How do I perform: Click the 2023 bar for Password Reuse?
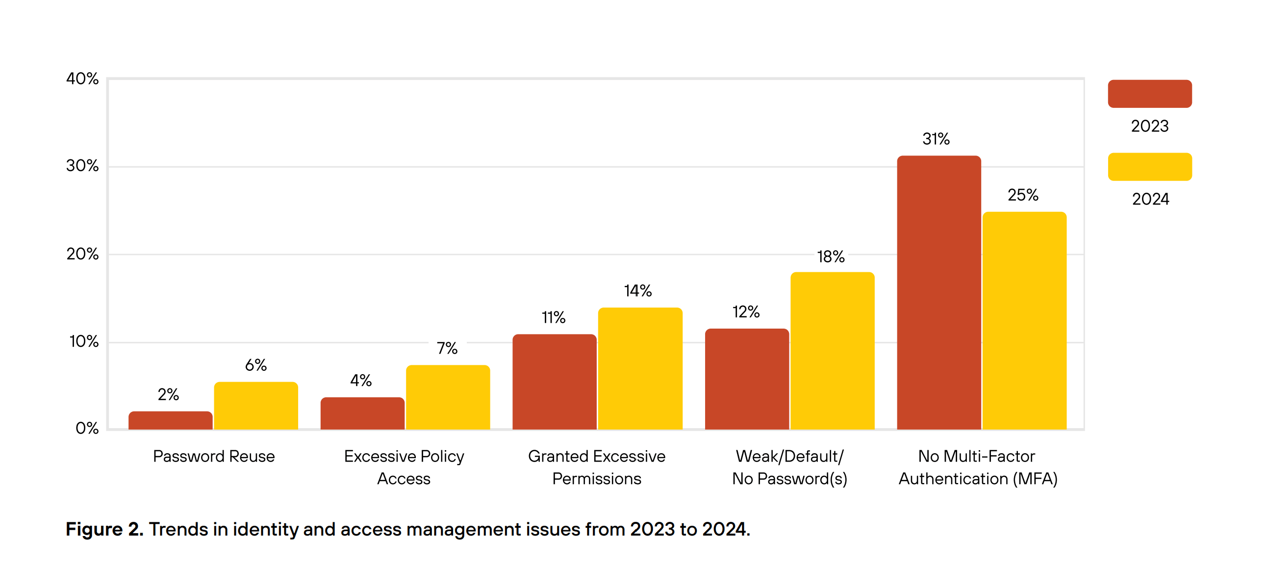(170, 421)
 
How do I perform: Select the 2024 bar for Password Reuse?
(256, 406)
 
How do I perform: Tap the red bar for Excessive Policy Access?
(362, 413)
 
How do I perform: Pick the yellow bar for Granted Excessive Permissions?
(640, 369)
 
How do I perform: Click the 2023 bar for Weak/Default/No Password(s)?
(747, 379)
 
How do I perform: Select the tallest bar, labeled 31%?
(938, 293)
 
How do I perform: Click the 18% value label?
(831, 257)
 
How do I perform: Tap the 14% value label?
(638, 291)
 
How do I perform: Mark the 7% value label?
(447, 348)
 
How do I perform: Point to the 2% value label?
(168, 394)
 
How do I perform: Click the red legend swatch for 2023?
(1149, 94)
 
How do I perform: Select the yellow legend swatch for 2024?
(1149, 167)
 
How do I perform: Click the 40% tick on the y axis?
(83, 79)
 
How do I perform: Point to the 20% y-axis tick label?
(83, 254)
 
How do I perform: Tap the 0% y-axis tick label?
(87, 428)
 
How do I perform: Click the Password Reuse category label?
(213, 456)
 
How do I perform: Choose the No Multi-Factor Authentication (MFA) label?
(977, 467)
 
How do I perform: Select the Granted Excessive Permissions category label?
(596, 467)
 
